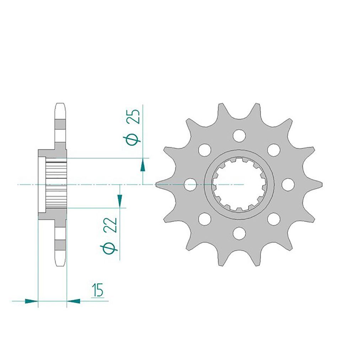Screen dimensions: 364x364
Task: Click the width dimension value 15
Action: (x=97, y=290)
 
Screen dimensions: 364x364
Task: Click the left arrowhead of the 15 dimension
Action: (x=31, y=301)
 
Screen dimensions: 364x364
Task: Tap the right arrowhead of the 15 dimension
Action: (x=73, y=301)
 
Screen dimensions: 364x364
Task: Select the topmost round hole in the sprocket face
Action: (x=239, y=135)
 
